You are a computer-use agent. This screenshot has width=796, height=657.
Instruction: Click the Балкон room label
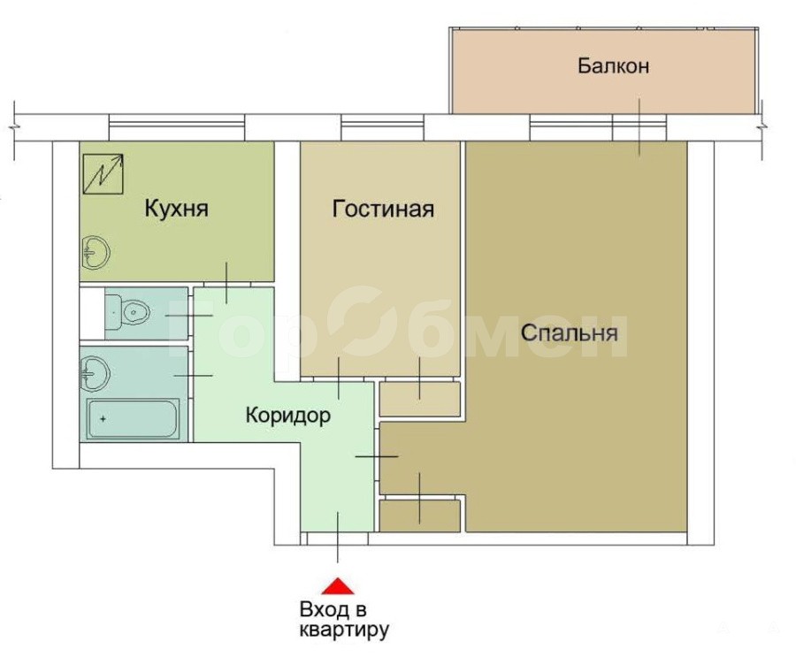coord(613,66)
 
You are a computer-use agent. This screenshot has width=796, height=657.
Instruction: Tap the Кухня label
coord(177,209)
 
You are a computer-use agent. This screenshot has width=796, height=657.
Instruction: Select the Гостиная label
coord(383,209)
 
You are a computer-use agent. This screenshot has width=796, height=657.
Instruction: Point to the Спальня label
coord(569,333)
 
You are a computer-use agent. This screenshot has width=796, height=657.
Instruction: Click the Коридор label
coord(288,416)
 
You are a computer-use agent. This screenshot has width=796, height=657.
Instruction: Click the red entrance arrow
coord(338,586)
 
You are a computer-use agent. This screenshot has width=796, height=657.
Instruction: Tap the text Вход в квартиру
coord(344,620)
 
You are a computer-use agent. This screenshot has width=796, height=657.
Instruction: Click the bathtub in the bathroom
coord(133,419)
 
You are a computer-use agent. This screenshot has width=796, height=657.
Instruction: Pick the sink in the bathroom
coord(95,374)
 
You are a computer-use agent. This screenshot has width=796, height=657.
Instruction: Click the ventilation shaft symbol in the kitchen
coord(103,174)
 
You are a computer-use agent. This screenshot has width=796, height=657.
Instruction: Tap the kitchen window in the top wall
coord(177,127)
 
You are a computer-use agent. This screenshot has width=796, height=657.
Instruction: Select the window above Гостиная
coord(382,127)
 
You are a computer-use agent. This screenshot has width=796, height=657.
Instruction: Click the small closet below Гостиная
coord(420,399)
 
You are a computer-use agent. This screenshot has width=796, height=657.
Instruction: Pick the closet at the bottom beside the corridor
coord(420,516)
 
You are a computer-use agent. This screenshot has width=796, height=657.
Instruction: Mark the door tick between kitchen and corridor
coord(227,283)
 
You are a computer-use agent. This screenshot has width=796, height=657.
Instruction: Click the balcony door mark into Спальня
coord(639,127)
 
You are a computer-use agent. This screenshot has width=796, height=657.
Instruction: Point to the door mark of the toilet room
coord(188,316)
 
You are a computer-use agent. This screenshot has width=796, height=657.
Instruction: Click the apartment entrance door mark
coord(338,537)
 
